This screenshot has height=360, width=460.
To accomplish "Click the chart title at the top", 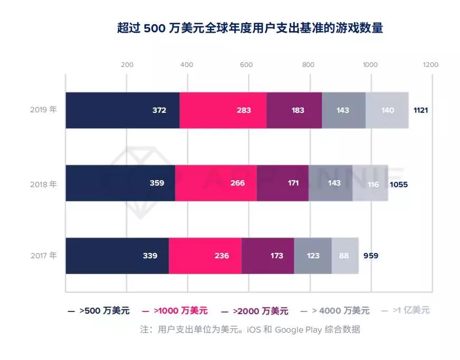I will coord(250,27).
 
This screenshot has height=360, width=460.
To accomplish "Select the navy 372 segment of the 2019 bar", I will coord(122,110).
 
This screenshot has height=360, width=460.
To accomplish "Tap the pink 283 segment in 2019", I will coord(223,110).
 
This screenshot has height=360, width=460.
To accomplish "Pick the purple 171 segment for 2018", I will coord(283,183).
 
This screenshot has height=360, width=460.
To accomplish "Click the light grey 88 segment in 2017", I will coord(345,256).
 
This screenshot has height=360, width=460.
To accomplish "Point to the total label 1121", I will coord(420,110).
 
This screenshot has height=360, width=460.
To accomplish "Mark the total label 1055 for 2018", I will coord(398,184).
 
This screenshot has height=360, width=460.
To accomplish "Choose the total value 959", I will coord(371,256).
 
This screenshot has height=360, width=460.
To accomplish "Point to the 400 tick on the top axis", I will coord(187,65).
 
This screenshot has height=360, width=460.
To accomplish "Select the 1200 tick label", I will coord(430,65).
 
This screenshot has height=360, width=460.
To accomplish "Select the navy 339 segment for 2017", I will coord(117,256).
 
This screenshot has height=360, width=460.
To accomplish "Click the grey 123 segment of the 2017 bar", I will coord(313,256).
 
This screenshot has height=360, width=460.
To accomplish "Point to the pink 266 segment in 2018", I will coord(216,183).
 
